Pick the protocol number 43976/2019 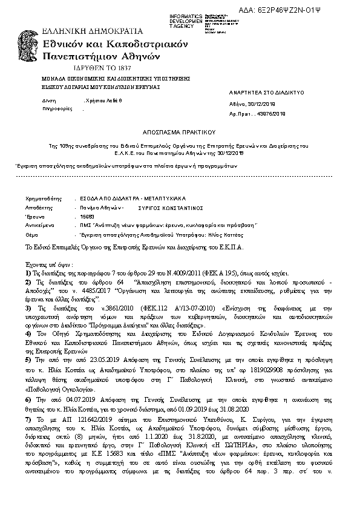(270, 114)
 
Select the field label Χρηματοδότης (44, 198)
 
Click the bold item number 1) (28, 274)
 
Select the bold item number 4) (28, 333)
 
